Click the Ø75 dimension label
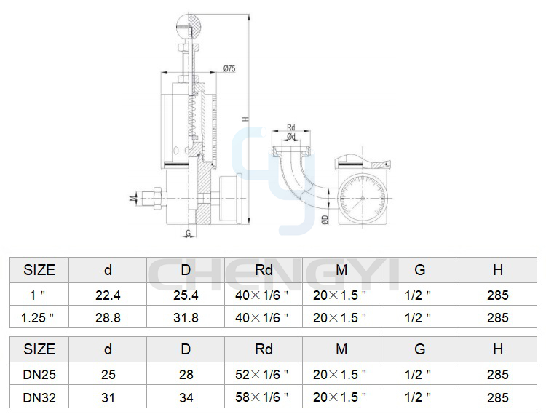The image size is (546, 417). [x=229, y=68]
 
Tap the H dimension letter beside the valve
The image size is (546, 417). [x=246, y=119]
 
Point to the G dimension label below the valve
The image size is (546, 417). [x=189, y=233]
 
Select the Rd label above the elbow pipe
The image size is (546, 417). [x=290, y=127]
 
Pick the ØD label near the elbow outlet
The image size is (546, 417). [x=325, y=219]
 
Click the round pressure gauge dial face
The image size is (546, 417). [x=362, y=199]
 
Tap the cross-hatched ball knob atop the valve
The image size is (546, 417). [x=189, y=26]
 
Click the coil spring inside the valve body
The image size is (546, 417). [x=193, y=116]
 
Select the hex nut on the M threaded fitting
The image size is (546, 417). [x=157, y=198]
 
